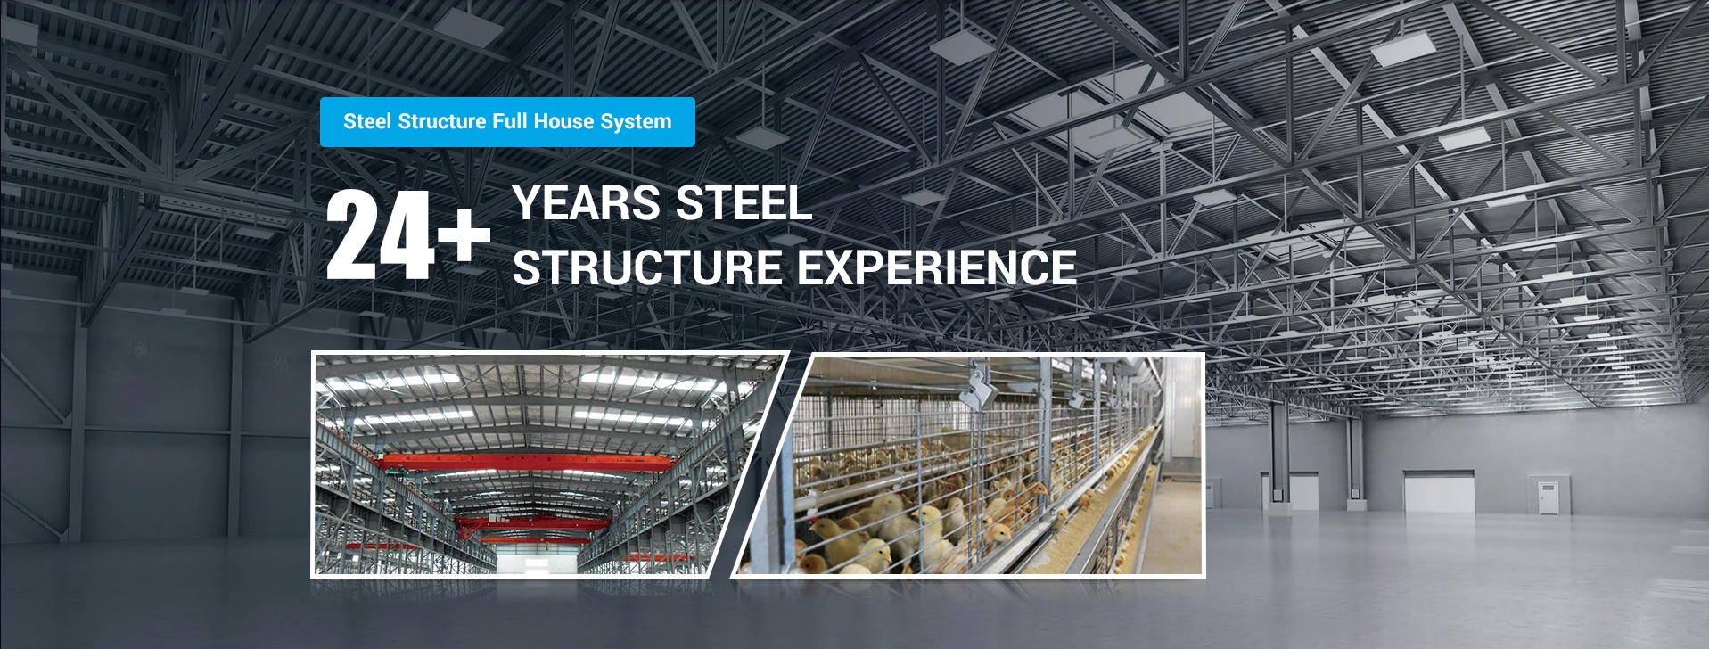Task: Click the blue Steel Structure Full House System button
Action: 507,122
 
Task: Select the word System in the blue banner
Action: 637,122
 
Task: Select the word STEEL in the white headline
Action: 744,203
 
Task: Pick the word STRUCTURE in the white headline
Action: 647,267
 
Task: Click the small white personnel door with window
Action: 1547,495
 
